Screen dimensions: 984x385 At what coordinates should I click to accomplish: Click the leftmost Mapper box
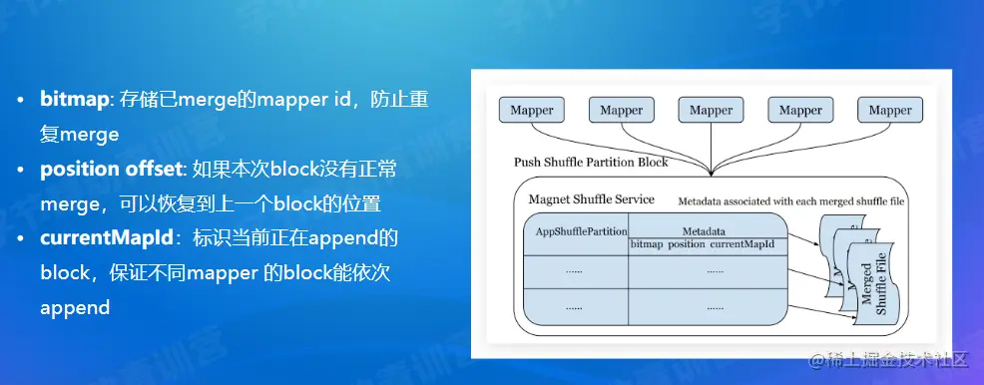pyautogui.click(x=532, y=110)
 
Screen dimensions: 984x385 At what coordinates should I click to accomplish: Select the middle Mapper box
pyautogui.click(x=711, y=110)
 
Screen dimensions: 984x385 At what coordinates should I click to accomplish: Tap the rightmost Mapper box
pyautogui.click(x=890, y=110)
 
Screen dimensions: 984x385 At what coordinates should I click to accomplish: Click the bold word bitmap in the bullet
pyautogui.click(x=75, y=100)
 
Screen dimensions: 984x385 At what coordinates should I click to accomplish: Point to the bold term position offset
pyautogui.click(x=109, y=170)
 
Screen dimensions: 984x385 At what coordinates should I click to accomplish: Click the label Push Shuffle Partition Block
pyautogui.click(x=591, y=163)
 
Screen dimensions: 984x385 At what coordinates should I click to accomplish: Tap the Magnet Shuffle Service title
pyautogui.click(x=591, y=199)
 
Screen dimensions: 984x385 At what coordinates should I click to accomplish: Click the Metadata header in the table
pyautogui.click(x=704, y=231)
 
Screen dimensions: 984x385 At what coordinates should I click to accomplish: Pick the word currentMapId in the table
pyautogui.click(x=741, y=244)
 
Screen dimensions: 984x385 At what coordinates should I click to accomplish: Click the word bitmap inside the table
pyautogui.click(x=647, y=244)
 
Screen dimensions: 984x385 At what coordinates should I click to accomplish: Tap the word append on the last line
pyautogui.click(x=75, y=308)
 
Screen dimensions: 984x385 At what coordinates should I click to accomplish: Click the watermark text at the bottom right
pyautogui.click(x=895, y=360)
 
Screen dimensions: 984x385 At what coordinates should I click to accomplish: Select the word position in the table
pyautogui.click(x=686, y=244)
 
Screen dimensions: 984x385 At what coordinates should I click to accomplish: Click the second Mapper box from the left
pyautogui.click(x=622, y=110)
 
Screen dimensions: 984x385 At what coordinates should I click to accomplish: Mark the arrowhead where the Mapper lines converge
pyautogui.click(x=711, y=172)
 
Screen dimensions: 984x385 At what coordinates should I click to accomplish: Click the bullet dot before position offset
pyautogui.click(x=22, y=171)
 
